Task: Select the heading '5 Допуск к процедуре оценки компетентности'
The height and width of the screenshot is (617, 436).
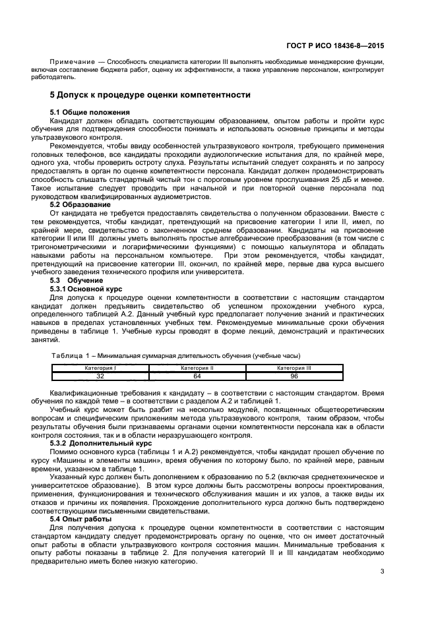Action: (150, 95)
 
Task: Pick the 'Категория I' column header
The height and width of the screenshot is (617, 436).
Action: (100, 368)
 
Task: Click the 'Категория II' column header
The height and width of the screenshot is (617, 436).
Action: (197, 368)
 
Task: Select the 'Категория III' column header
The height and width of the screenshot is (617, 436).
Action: (294, 368)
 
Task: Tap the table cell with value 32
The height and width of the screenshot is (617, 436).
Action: (100, 376)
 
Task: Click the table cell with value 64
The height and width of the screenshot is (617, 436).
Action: (197, 376)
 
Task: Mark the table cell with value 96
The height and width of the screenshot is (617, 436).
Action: (294, 376)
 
